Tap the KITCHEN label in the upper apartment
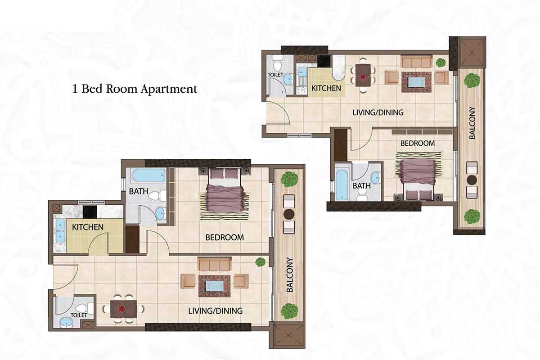[x=326, y=88]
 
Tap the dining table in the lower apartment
[x=123, y=308]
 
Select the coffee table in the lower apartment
[x=214, y=286]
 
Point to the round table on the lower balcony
[x=288, y=213]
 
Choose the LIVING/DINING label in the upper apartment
[x=378, y=112]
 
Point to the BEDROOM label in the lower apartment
[x=225, y=237]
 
